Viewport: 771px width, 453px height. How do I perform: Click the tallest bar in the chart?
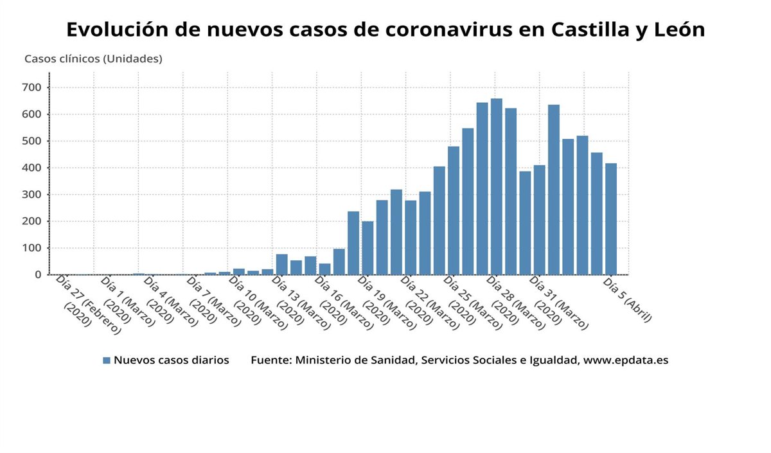(x=496, y=186)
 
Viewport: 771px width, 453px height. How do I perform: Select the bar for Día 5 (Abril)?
(x=610, y=219)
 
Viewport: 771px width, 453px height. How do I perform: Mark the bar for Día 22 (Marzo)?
(x=411, y=238)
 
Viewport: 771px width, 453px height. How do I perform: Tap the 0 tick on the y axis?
(x=39, y=274)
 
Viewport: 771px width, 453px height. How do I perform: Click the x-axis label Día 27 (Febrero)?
(x=84, y=302)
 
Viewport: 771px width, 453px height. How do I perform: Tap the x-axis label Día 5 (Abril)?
(x=628, y=299)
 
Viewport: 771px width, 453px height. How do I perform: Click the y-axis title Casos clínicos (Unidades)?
(x=93, y=59)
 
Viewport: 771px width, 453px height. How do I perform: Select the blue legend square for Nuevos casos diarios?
(x=107, y=360)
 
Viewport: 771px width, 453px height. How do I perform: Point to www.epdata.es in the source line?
(x=626, y=360)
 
